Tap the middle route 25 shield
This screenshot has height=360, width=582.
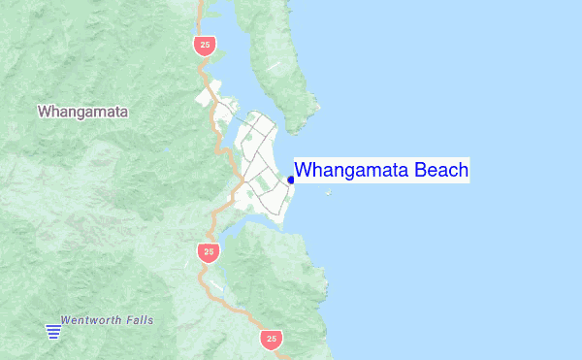(x=207, y=252)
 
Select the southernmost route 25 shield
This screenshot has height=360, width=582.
(x=271, y=339)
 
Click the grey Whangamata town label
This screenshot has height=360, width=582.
(x=83, y=112)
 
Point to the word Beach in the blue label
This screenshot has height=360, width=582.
(x=441, y=171)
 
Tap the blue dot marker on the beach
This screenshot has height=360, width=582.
(x=291, y=180)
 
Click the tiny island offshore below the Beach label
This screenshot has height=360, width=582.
(x=329, y=193)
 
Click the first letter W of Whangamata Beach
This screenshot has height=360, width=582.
(x=303, y=171)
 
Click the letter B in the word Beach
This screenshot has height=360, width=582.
(x=421, y=171)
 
